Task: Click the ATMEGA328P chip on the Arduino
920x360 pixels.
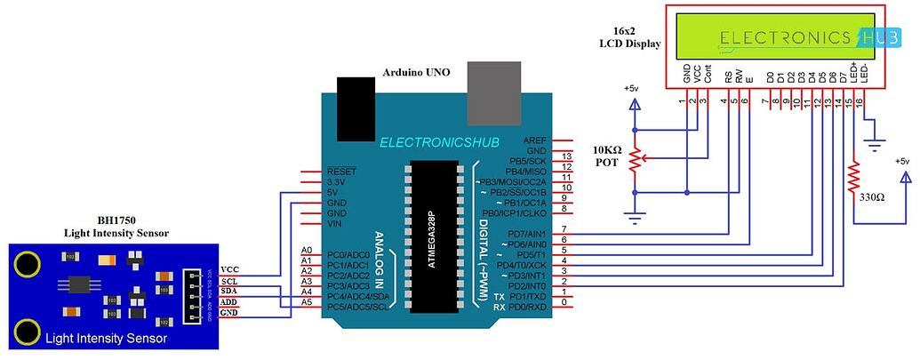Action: click(x=436, y=236)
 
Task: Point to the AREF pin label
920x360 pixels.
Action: click(x=535, y=140)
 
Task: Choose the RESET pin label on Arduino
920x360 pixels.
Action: click(x=341, y=171)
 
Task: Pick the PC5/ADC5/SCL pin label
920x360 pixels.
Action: click(x=352, y=307)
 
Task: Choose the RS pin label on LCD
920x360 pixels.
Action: click(x=728, y=77)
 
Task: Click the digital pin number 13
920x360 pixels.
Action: click(x=565, y=156)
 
